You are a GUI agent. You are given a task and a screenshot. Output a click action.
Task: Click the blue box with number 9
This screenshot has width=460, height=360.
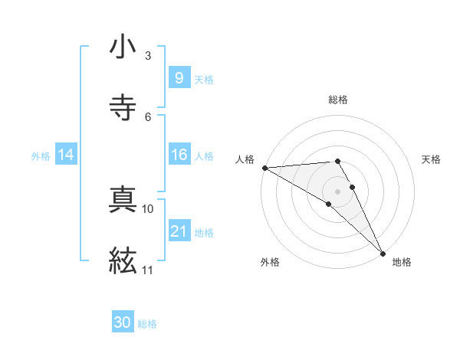click(179, 77)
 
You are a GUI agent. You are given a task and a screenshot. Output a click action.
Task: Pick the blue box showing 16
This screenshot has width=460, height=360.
click(179, 155)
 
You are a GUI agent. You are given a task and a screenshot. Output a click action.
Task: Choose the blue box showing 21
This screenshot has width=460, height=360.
click(179, 231)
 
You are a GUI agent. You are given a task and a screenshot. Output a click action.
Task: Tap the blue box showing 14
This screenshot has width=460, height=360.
click(66, 155)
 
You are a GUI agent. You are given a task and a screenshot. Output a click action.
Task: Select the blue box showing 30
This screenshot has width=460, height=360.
click(123, 322)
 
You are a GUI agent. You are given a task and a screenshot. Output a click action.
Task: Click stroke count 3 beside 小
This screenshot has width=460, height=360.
click(148, 56)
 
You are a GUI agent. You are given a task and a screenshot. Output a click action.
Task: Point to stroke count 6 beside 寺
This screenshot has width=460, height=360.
click(148, 116)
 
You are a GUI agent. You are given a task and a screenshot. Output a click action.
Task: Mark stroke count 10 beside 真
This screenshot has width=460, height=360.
click(148, 208)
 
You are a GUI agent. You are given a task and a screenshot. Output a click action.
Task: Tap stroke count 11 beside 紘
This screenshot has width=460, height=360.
click(148, 270)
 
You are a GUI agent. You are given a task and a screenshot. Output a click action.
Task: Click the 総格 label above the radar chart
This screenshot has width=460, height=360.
click(338, 100)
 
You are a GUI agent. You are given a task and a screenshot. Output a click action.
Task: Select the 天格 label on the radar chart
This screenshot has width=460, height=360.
click(431, 159)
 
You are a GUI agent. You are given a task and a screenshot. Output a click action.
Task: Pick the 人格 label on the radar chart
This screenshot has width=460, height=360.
click(245, 159)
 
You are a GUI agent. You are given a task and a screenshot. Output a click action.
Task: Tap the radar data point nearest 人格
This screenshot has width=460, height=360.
click(264, 168)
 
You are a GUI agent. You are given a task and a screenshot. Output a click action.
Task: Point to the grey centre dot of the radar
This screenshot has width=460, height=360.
click(338, 191)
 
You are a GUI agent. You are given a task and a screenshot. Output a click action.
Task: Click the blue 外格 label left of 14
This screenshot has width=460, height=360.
click(41, 155)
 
